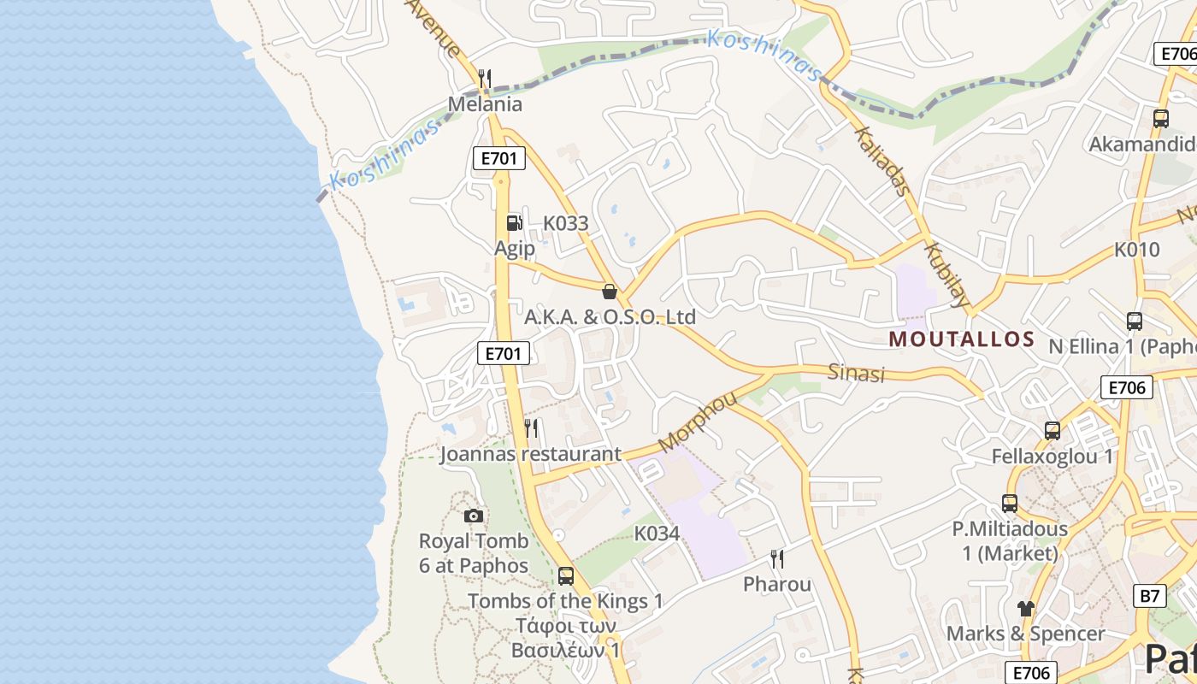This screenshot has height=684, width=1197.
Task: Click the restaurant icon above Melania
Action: click(x=485, y=80)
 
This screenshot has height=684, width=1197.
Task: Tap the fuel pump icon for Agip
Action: click(x=514, y=223)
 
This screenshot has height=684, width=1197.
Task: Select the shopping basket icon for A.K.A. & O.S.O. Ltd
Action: click(x=610, y=292)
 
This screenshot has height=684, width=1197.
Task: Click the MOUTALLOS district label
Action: click(x=962, y=339)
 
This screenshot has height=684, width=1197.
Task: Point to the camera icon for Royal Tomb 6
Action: click(x=474, y=516)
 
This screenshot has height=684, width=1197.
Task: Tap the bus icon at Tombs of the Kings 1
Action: click(x=565, y=575)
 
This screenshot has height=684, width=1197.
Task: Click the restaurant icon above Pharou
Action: click(x=777, y=559)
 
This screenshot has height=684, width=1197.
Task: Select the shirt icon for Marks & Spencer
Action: click(x=1025, y=609)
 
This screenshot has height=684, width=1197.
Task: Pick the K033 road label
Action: click(x=566, y=223)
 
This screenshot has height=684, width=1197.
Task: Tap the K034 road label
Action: click(x=657, y=534)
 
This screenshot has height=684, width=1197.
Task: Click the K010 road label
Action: click(x=1137, y=250)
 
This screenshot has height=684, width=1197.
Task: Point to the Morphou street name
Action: click(x=698, y=422)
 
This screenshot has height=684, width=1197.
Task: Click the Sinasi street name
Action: click(x=856, y=373)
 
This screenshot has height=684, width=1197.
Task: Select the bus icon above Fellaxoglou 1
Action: click(x=1052, y=431)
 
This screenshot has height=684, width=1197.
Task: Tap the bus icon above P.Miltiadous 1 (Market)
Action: click(x=1010, y=504)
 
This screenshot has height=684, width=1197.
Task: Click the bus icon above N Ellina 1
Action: click(x=1134, y=321)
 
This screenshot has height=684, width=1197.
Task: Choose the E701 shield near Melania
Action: click(x=498, y=158)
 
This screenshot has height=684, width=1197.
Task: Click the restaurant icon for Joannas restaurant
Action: click(x=532, y=427)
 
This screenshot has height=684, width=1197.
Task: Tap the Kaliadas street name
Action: click(x=882, y=162)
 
